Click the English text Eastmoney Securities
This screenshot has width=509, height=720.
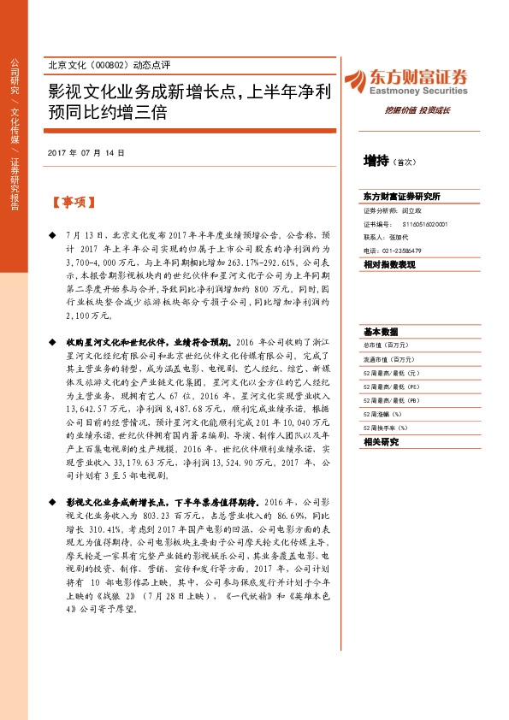click(419, 87)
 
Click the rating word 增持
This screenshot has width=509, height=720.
click(376, 160)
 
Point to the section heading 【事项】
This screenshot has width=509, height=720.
click(73, 203)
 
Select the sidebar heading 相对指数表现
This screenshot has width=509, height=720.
click(389, 265)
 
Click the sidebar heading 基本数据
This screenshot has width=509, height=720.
click(381, 331)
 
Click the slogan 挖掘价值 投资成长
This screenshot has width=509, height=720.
click(417, 110)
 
